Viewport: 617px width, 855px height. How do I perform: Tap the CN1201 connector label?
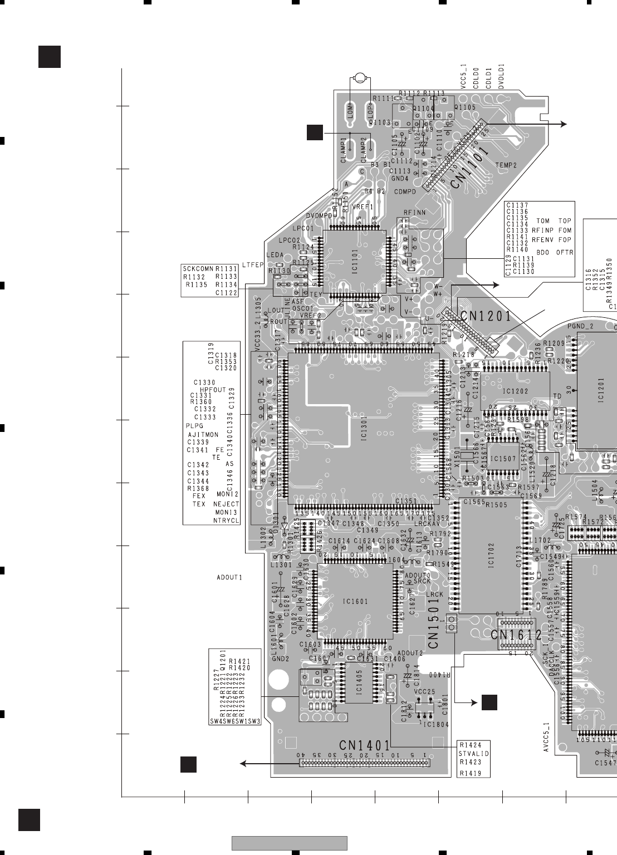[485, 317]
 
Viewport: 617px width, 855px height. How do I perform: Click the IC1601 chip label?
[355, 601]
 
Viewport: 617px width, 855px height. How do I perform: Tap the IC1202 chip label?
[515, 391]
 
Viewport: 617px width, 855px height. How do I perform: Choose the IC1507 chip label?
[503, 459]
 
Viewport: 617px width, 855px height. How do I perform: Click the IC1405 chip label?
[359, 682]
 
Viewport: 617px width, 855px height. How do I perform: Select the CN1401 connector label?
[365, 745]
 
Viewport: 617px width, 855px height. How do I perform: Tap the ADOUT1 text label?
[229, 577]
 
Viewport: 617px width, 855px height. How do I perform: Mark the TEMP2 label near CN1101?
[506, 165]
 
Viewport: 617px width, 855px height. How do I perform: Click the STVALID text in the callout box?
[473, 754]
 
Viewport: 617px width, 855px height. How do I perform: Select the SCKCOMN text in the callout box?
[198, 268]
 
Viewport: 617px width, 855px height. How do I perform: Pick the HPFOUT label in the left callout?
[213, 390]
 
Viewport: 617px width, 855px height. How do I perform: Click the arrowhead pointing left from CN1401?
[243, 764]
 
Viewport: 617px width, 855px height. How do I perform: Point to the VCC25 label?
[424, 691]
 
